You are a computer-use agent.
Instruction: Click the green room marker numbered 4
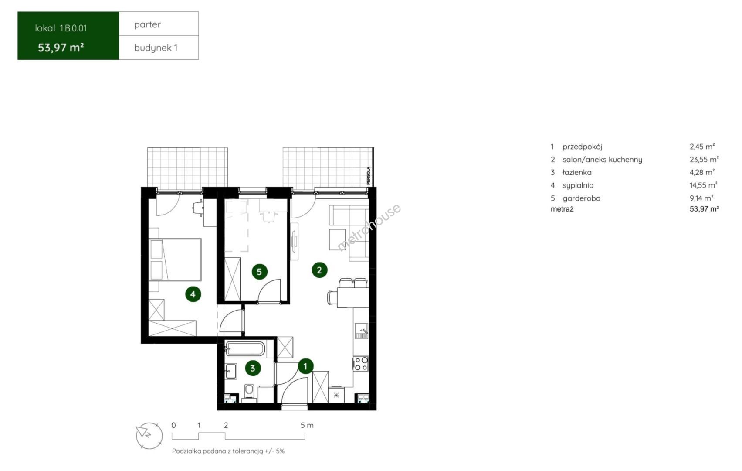[193, 294]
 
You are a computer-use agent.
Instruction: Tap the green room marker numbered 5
[259, 272]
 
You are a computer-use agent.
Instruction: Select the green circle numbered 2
[319, 270]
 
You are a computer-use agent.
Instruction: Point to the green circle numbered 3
[253, 368]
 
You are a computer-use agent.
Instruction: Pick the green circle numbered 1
[305, 366]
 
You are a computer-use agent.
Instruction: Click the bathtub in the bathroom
[245, 349]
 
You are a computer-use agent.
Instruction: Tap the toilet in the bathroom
[249, 392]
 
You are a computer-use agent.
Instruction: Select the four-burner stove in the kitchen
[360, 364]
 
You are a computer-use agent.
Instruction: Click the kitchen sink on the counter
[361, 331]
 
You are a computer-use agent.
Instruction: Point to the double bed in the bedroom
[175, 260]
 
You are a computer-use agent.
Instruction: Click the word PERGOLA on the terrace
[368, 176]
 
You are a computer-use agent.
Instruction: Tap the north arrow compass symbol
[149, 436]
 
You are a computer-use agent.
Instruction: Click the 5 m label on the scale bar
[307, 425]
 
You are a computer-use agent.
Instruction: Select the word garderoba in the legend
[581, 198]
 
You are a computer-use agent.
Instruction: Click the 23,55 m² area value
[704, 160]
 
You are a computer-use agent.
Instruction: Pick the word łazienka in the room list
[577, 172]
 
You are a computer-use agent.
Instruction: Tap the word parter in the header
[147, 24]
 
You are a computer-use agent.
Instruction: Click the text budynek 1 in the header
[156, 48]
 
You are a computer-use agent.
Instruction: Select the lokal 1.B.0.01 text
[61, 28]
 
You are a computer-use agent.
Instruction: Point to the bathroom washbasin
[230, 371]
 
